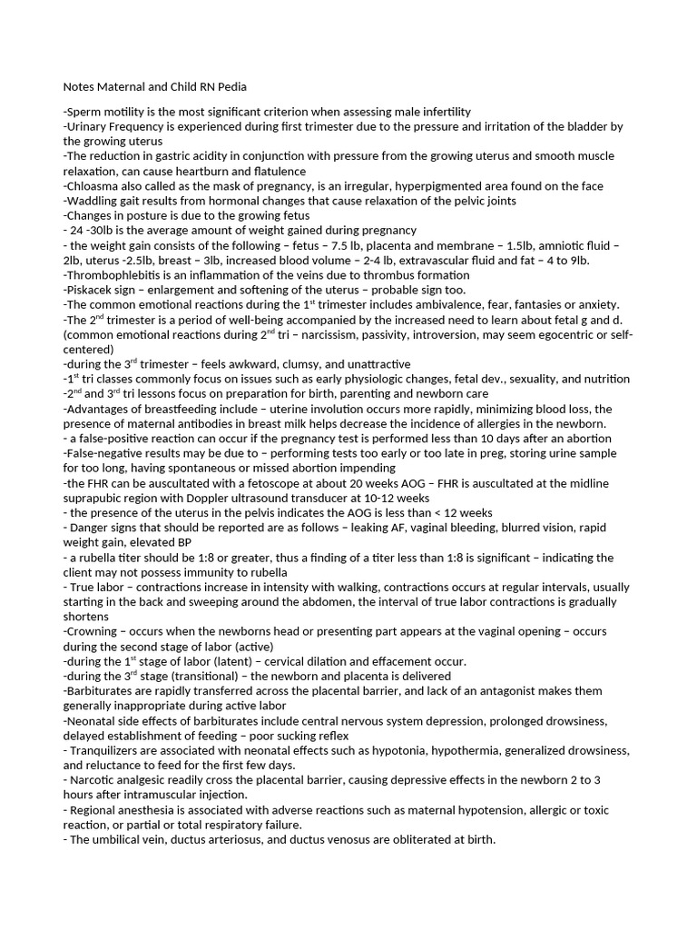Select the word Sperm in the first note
pos(84,112)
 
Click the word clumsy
pos(276,363)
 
